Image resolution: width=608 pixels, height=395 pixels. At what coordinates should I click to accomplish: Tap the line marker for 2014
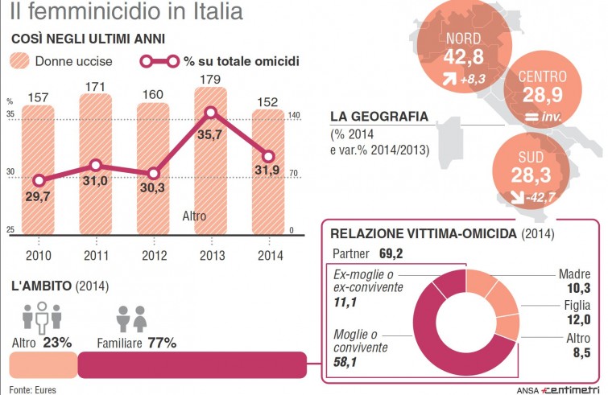point(270,157)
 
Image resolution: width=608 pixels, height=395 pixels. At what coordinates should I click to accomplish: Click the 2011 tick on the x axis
point(96,257)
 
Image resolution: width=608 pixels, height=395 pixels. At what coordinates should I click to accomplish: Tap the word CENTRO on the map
point(543,77)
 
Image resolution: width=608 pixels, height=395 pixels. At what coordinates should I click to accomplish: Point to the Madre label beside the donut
point(575,274)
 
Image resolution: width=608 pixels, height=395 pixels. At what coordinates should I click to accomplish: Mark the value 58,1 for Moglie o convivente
point(346,363)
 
